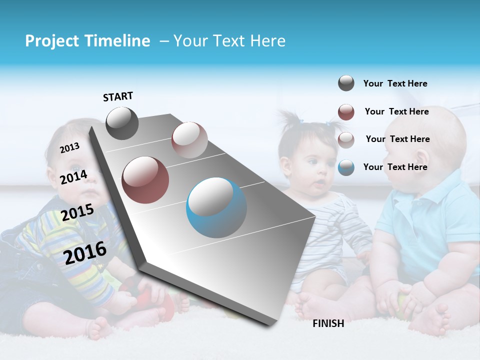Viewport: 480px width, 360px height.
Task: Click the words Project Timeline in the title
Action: (x=87, y=41)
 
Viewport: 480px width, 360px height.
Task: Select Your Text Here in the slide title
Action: (x=229, y=41)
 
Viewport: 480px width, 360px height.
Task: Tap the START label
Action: (x=118, y=96)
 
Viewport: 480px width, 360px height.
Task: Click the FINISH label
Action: (x=328, y=323)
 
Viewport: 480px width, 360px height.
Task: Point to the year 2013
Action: (x=69, y=148)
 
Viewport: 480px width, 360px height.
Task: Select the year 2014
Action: (x=73, y=177)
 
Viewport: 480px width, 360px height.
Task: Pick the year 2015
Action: (x=77, y=212)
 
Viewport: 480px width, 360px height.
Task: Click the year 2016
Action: (x=85, y=252)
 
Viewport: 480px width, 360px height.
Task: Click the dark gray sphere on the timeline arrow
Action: (x=122, y=123)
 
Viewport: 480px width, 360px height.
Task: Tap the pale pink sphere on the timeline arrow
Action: (x=189, y=139)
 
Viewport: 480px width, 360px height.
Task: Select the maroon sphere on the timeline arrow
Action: (x=145, y=179)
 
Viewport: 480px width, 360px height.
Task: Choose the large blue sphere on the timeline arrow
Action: (x=216, y=207)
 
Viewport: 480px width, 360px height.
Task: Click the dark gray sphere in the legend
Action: (x=346, y=83)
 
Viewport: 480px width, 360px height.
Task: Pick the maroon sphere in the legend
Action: (x=346, y=112)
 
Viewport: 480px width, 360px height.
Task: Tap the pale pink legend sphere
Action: (x=346, y=140)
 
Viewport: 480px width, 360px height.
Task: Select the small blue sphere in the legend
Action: (x=346, y=167)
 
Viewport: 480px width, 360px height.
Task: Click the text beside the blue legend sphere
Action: (x=395, y=167)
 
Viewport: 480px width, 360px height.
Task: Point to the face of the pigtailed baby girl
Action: (x=310, y=167)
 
